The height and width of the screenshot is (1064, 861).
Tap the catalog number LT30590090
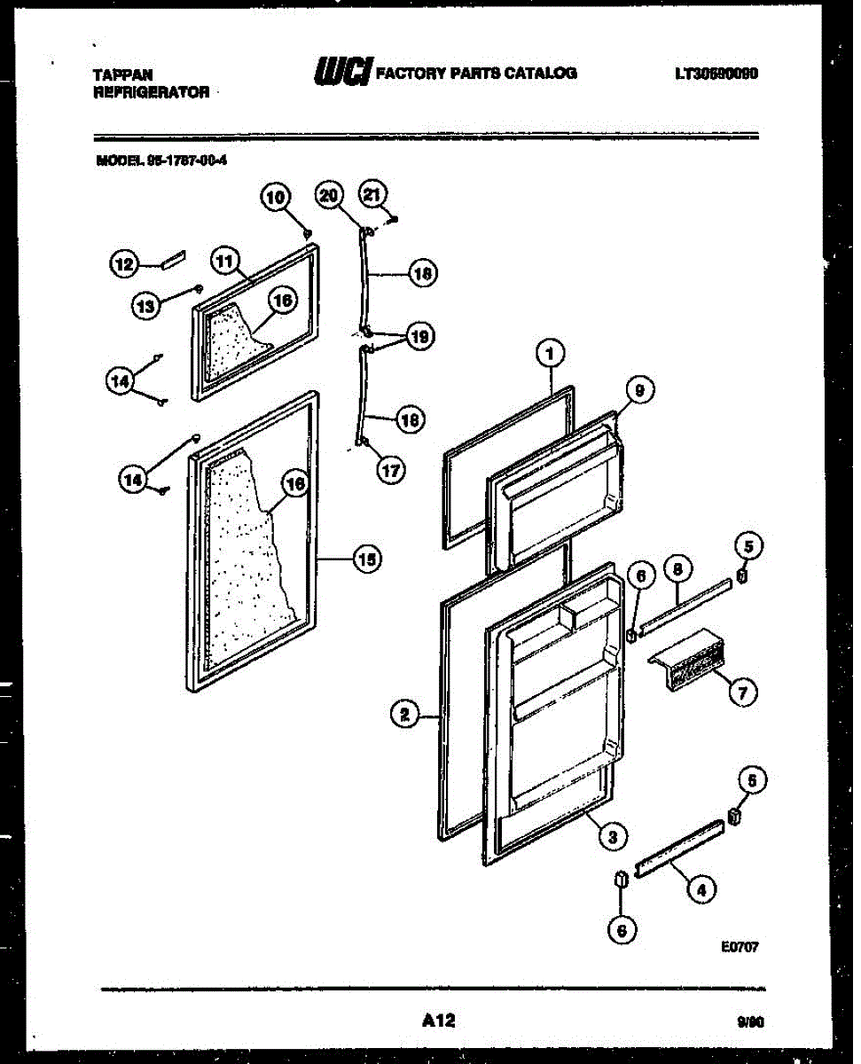coord(716,74)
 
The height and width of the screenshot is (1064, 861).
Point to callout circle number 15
coord(366,559)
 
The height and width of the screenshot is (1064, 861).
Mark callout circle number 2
coord(405,713)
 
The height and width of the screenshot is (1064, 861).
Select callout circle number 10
coord(275,198)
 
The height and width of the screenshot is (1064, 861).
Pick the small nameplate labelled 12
coord(172,260)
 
